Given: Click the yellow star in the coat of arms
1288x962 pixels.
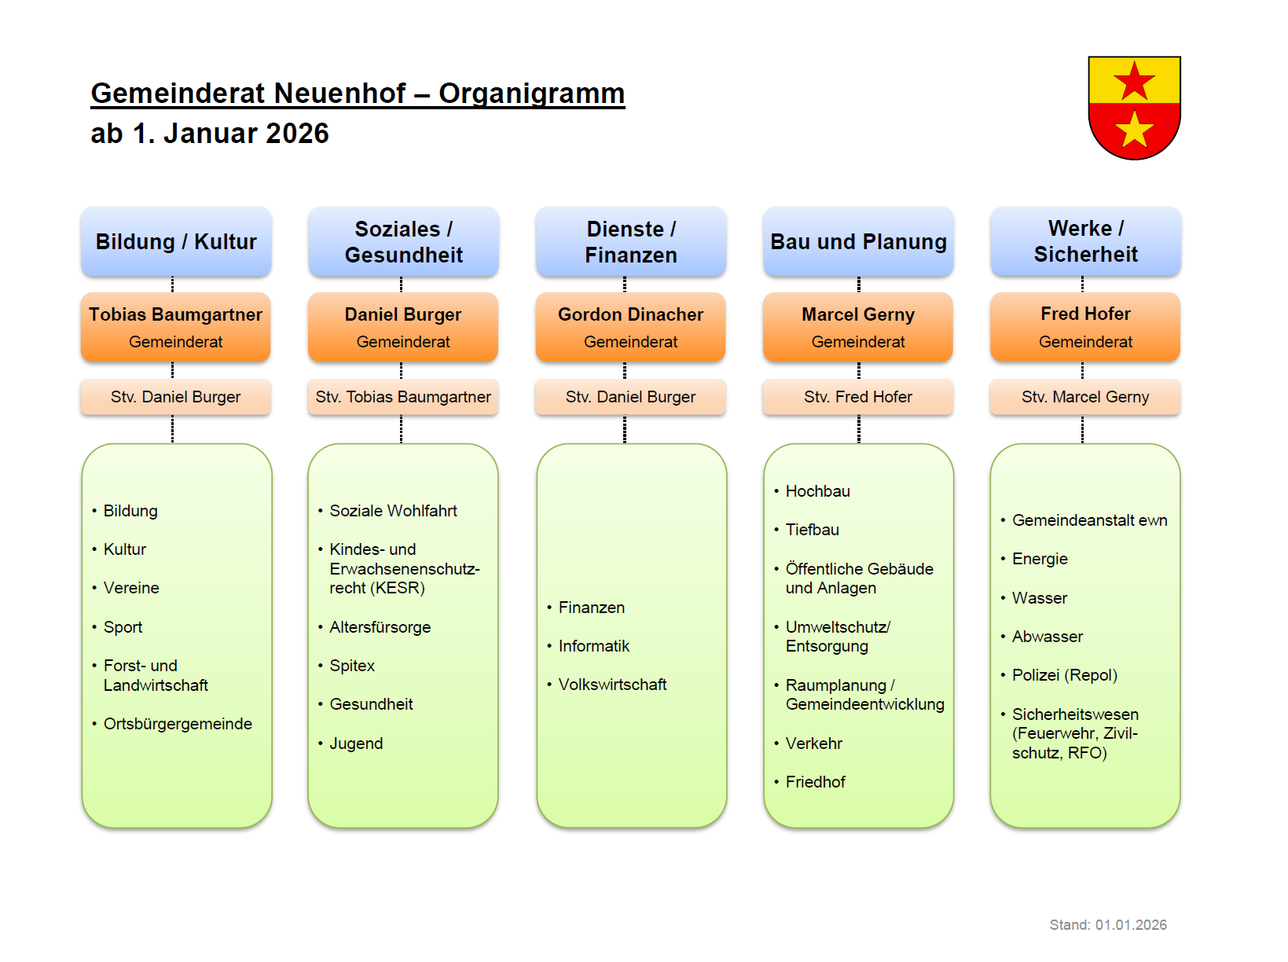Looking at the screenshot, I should (1134, 130).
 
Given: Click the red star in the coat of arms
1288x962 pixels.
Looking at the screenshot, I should (1134, 81).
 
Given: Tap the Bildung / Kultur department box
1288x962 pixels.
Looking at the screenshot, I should (176, 242).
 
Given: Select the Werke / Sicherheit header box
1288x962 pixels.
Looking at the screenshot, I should (1085, 242).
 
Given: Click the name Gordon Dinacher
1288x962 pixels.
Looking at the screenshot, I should (630, 314).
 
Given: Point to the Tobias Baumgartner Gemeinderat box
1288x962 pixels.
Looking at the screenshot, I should (176, 327).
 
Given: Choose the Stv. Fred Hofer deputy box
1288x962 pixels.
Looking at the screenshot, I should (858, 397).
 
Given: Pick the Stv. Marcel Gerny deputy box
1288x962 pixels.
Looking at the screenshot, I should (1085, 397).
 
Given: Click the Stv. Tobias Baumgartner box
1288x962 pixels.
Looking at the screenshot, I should (403, 397).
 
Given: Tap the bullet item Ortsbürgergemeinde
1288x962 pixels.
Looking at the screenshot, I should (178, 724).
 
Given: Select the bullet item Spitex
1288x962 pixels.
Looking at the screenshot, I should (352, 666).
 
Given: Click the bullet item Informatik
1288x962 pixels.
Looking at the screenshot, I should (594, 646).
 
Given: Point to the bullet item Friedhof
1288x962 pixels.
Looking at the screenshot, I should (816, 782).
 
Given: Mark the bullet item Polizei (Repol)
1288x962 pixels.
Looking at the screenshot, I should (1064, 675).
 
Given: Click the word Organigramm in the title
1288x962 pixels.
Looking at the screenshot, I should (531, 94).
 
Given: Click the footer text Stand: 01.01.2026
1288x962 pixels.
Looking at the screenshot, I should (1108, 925).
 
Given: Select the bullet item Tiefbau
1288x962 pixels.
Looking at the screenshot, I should (813, 530).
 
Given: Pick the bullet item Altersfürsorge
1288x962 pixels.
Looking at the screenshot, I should (380, 627).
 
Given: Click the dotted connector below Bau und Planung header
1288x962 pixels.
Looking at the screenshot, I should (859, 285).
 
